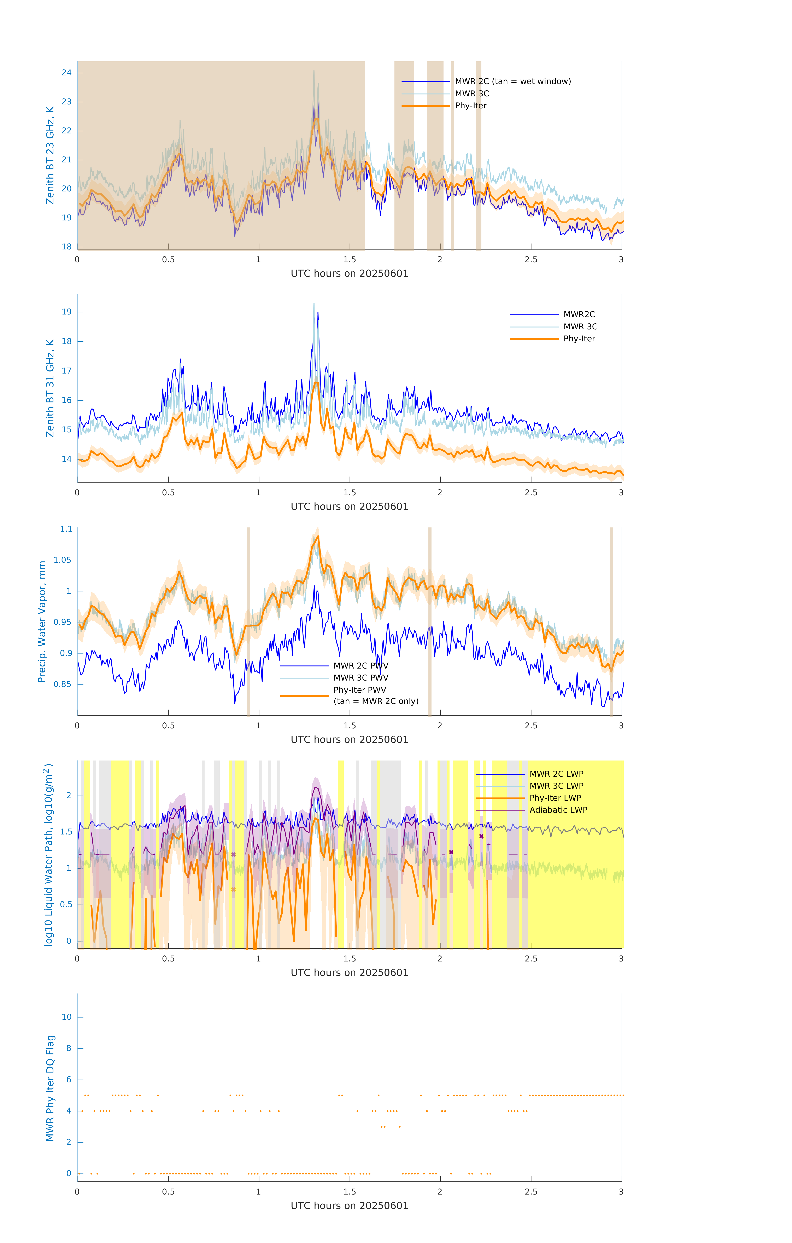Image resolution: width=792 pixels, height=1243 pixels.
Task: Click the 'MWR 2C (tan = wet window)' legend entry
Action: [x=512, y=82]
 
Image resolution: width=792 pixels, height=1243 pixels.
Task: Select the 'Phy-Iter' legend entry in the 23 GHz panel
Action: [x=471, y=106]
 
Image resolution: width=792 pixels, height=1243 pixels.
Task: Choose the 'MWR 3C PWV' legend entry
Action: [x=361, y=678]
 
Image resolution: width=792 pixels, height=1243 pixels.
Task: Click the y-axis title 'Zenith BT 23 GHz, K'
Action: [x=50, y=155]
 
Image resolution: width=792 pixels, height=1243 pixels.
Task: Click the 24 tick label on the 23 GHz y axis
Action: [x=66, y=73]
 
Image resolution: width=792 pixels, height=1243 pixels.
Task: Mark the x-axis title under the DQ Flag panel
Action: [x=349, y=1206]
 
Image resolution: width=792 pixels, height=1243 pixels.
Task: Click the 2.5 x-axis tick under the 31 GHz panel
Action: [x=531, y=493]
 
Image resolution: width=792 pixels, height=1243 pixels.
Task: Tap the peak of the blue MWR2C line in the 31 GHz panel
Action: [x=318, y=313]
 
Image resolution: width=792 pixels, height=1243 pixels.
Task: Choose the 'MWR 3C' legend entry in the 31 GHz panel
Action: [x=580, y=327]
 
